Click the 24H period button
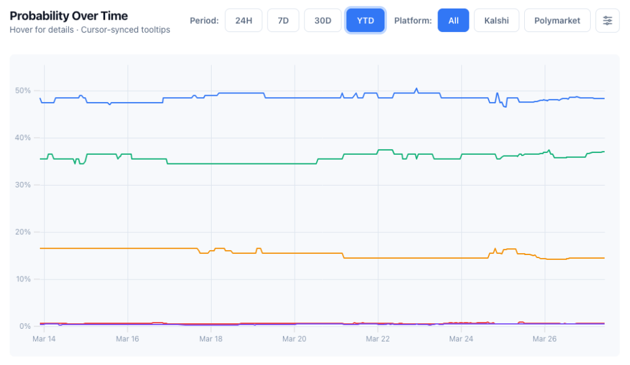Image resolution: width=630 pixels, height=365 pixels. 244,20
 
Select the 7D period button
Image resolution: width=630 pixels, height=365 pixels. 283,20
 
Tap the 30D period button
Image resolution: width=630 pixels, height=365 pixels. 322,20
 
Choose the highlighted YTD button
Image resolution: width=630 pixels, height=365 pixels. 365,20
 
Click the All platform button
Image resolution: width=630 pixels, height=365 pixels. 453,20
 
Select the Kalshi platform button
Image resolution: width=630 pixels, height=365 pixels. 496,20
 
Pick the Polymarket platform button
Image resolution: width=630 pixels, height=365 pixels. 557,20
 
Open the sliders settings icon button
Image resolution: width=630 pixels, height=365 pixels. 607,20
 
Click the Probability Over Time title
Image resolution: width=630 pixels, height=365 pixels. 69,15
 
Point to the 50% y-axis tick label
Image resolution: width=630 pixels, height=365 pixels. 23,90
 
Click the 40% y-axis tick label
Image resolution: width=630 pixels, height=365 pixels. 23,138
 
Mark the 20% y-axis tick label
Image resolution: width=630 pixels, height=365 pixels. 23,232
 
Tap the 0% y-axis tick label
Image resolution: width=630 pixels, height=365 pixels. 26,326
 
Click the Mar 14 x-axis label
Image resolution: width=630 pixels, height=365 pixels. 43,339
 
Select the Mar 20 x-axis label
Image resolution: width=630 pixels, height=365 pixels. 294,339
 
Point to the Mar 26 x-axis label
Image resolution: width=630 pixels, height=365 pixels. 545,339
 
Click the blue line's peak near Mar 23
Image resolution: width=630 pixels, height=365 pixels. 417,88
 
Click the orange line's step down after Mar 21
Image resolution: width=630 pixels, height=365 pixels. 343,256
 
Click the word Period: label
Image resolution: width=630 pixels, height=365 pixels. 204,20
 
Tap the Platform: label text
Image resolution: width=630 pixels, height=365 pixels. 413,20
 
